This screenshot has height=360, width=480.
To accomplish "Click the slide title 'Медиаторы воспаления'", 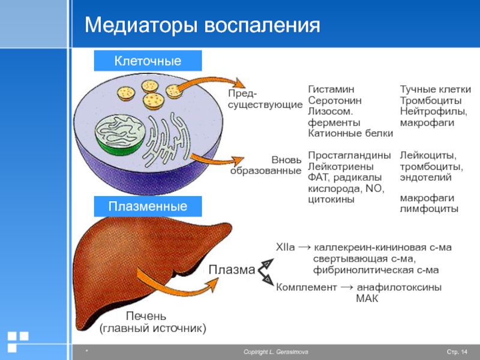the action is [x=202, y=25].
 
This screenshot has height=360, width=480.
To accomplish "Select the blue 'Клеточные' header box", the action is [x=148, y=61].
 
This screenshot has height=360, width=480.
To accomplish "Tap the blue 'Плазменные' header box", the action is [x=148, y=206].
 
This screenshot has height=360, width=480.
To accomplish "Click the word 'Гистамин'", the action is [x=331, y=89].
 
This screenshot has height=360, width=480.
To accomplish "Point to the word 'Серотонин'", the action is [x=335, y=100].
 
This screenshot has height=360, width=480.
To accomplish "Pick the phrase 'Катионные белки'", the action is [x=350, y=133].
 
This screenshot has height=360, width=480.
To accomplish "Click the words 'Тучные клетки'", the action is [x=436, y=89].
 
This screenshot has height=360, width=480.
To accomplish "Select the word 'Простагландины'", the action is [x=349, y=155].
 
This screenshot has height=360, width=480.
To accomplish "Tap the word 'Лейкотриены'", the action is [x=341, y=167].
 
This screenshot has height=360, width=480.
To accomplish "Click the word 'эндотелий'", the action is [x=425, y=178].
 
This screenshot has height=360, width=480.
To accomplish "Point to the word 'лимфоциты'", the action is [x=429, y=209].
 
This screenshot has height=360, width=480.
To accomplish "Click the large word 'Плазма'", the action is [x=232, y=269].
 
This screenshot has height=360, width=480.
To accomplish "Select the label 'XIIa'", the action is [x=286, y=247].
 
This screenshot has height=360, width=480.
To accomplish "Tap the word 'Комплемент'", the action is [x=307, y=287].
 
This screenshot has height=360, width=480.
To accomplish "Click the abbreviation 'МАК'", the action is [x=367, y=298].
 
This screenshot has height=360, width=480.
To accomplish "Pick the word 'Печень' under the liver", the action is [x=146, y=316].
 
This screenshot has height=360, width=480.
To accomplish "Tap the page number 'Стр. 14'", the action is [x=457, y=352].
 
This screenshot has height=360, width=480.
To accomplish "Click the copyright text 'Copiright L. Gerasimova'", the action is [x=276, y=352].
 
